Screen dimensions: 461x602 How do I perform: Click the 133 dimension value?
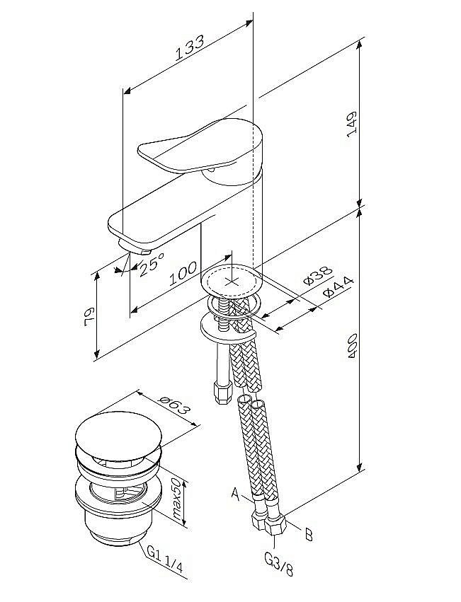[x=190, y=47]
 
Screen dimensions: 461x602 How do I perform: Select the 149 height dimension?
[x=352, y=124]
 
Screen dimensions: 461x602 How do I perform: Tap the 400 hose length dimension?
[x=353, y=347]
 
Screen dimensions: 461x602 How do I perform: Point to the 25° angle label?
[x=151, y=264]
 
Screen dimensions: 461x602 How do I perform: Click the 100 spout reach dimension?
[x=183, y=272]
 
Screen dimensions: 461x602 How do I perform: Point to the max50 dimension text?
[x=176, y=499]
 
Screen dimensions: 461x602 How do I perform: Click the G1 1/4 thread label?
[x=165, y=564]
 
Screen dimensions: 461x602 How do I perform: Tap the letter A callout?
[x=235, y=494]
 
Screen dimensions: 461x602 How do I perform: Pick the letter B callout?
[x=308, y=534]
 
